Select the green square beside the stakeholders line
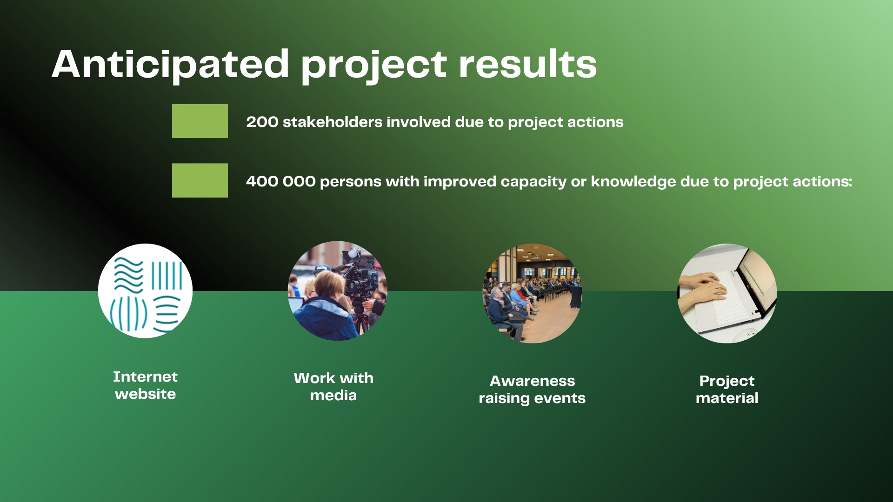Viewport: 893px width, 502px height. [200, 121]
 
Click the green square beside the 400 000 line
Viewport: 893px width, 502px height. [200, 180]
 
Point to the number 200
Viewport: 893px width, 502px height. [262, 122]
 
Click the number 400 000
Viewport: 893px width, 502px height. [281, 181]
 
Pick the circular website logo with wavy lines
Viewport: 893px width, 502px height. [145, 291]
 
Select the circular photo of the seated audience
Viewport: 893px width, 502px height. [532, 293]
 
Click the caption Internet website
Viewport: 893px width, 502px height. [146, 385]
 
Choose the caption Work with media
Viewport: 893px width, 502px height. [333, 387]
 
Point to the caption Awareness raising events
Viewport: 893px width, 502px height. [532, 390]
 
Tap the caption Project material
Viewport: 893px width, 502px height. [727, 390]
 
